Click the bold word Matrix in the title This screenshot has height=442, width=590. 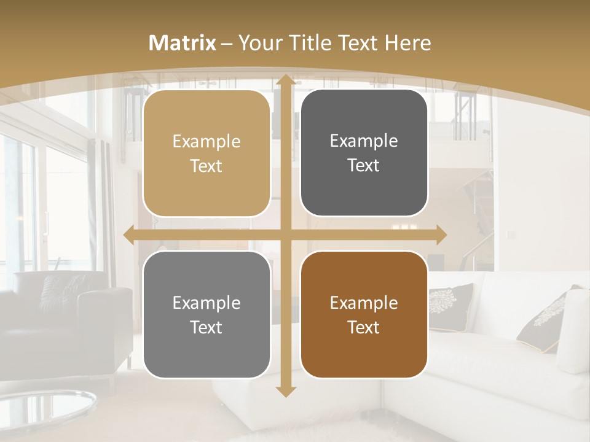(183, 43)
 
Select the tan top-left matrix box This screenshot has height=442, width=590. (206, 153)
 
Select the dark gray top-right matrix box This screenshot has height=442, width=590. (364, 153)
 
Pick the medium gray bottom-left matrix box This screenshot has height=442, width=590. (206, 314)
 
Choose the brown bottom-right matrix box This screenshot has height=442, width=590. (364, 314)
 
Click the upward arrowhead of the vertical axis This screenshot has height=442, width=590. (286, 79)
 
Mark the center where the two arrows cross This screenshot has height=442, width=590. (286, 235)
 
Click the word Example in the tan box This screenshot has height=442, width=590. (206, 142)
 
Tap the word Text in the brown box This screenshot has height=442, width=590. (364, 327)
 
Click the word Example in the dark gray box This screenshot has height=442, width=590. (364, 141)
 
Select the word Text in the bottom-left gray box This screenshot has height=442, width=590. (206, 327)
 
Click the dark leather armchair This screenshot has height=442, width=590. (61, 319)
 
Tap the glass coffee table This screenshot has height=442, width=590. (43, 408)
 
